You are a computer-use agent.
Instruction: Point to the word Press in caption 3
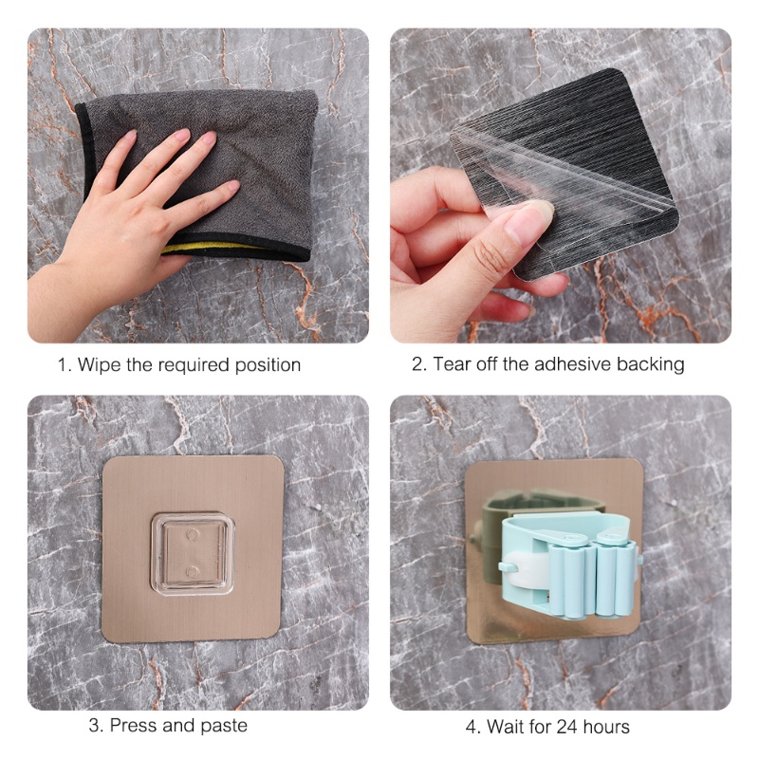pos(133,726)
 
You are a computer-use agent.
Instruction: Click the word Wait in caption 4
pos(507,728)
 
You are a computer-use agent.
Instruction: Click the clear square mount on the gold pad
pos(193,553)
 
